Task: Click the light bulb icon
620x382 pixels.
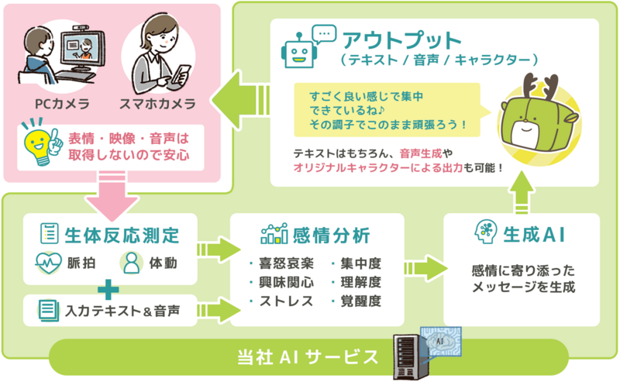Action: coord(36,143)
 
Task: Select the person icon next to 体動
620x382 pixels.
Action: coord(131,263)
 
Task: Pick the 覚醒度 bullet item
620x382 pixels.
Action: coord(360,300)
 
